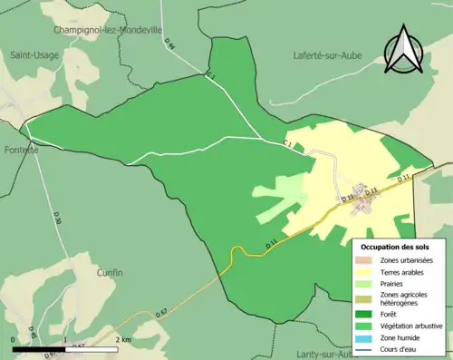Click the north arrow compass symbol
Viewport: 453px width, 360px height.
[402, 49]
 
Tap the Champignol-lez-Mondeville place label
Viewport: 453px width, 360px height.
[108, 29]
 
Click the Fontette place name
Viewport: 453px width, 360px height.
[20, 150]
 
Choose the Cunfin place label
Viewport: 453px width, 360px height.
[109, 271]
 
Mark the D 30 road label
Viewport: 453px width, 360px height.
[56, 218]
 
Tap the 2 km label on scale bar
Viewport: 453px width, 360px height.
[123, 338]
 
